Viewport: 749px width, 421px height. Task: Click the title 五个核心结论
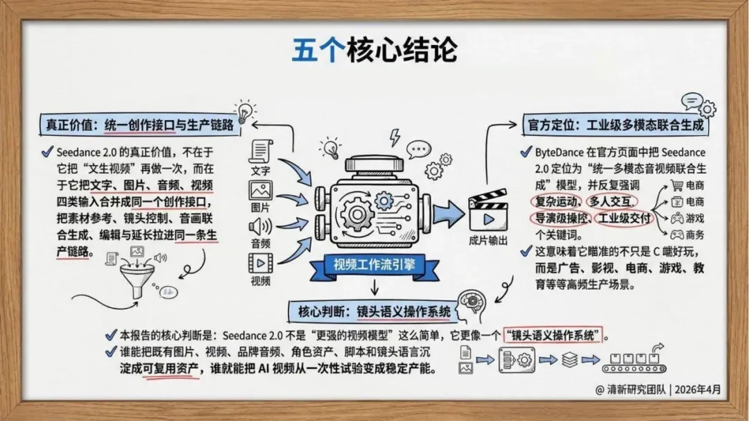point(374,50)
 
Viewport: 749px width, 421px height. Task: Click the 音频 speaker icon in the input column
point(261,226)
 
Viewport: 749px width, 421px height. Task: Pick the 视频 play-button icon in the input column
point(261,263)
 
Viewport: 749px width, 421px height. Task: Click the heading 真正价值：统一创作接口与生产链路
point(139,128)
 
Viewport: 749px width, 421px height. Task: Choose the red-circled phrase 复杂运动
point(553,201)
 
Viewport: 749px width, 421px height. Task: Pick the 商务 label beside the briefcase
point(695,234)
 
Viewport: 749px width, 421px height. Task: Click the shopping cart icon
point(678,185)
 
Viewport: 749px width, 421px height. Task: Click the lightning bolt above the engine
point(395,137)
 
